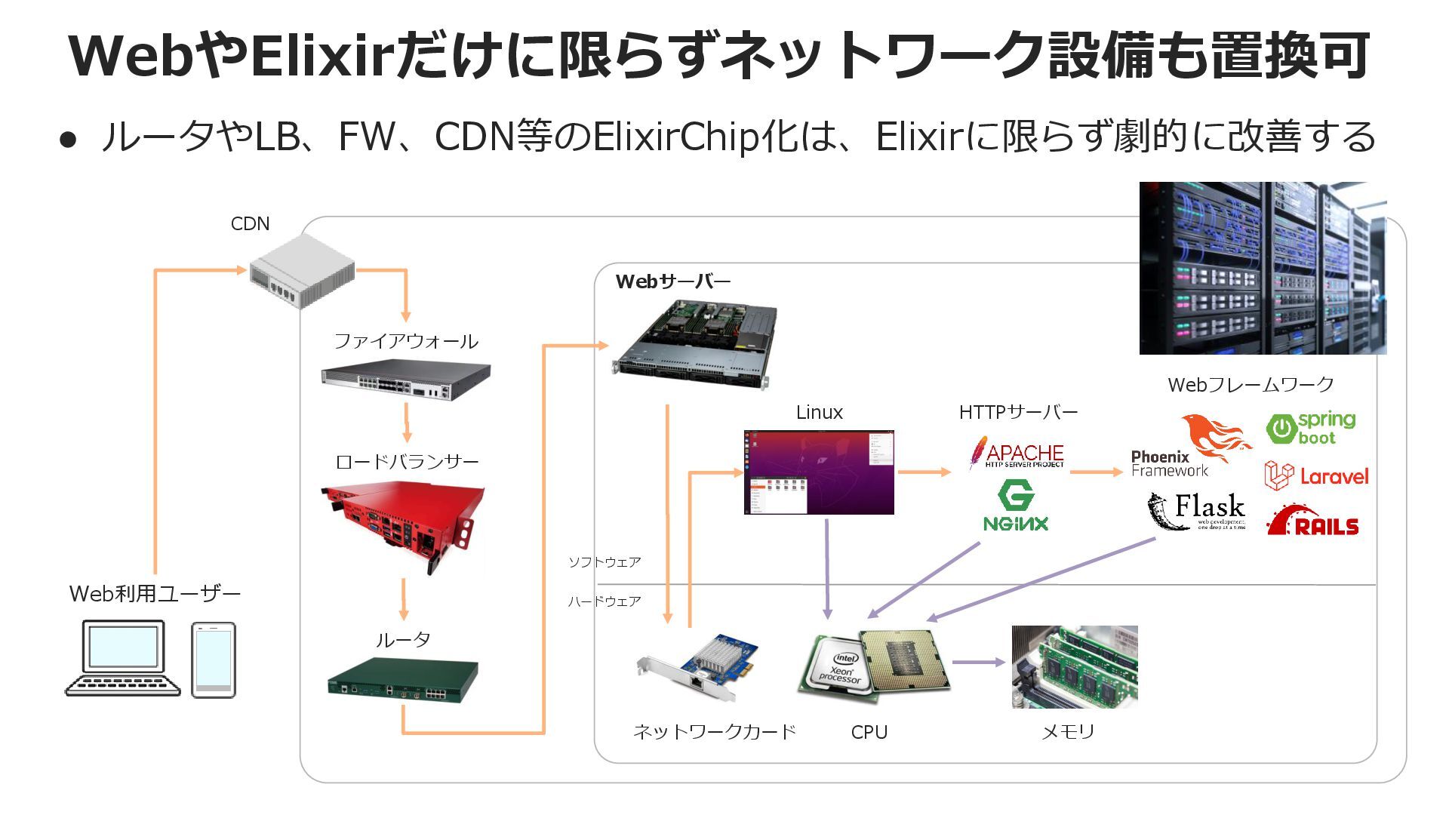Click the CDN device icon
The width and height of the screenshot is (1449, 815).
303,270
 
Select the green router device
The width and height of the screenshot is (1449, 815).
403,680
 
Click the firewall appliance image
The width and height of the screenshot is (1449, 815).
406,380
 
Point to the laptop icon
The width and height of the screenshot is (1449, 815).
123,658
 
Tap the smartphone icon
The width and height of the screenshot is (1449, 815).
214,660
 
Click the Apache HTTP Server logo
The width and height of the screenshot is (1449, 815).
1017,454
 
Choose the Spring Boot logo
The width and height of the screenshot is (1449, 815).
1311,428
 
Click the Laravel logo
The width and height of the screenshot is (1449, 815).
1316,476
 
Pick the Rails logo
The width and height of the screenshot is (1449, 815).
1313,521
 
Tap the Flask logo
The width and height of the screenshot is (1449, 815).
1197,511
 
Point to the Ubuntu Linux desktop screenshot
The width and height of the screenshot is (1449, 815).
819,472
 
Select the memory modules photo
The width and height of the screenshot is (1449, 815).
1075,667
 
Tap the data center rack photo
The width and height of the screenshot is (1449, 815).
1263,268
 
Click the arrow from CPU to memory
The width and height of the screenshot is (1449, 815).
979,663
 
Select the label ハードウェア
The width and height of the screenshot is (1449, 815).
605,601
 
